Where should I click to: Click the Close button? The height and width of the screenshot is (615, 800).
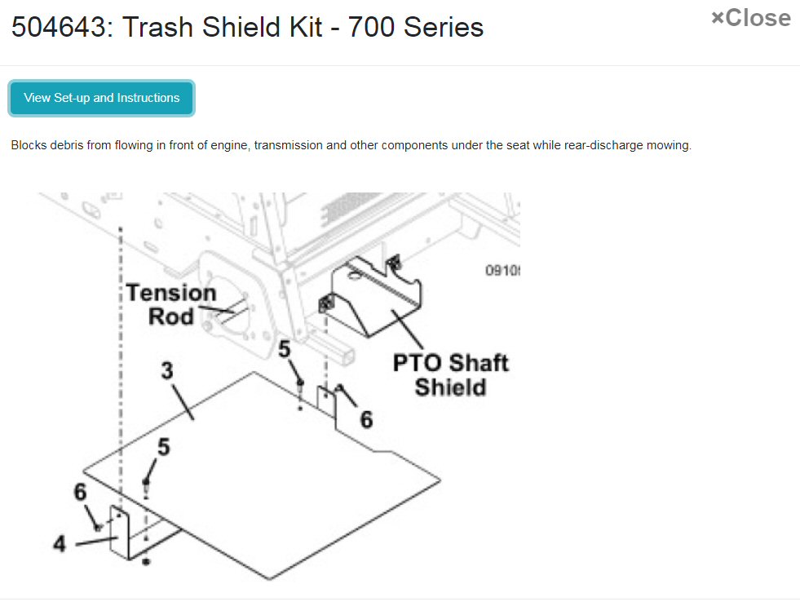pyautogui.click(x=751, y=18)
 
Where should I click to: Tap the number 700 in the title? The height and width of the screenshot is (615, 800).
pyautogui.click(x=371, y=27)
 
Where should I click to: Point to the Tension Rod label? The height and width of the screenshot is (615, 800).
pyautogui.click(x=171, y=304)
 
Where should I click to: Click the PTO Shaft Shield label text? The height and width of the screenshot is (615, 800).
pyautogui.click(x=450, y=374)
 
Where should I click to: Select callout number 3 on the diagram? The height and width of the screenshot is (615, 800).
pyautogui.click(x=167, y=370)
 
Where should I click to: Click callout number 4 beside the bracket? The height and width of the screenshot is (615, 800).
pyautogui.click(x=60, y=543)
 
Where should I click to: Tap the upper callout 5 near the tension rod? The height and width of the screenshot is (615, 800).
pyautogui.click(x=284, y=350)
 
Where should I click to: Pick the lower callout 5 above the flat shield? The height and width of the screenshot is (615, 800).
pyautogui.click(x=163, y=447)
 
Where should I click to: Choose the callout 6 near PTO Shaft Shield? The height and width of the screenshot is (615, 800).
pyautogui.click(x=366, y=420)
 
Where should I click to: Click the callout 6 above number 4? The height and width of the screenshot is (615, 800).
pyautogui.click(x=80, y=492)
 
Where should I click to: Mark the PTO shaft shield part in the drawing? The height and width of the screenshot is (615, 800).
pyautogui.click(x=373, y=297)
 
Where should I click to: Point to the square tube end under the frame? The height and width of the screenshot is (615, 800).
pyautogui.click(x=345, y=354)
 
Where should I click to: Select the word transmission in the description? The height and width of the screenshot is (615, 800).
pyautogui.click(x=288, y=145)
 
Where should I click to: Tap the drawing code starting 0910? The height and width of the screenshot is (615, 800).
pyautogui.click(x=502, y=270)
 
